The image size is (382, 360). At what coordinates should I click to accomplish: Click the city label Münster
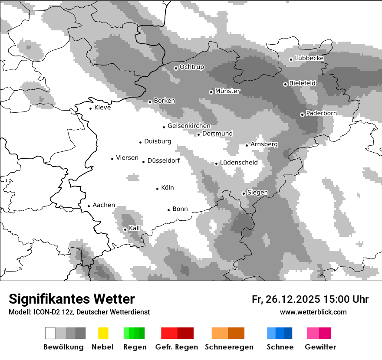(x=227, y=91)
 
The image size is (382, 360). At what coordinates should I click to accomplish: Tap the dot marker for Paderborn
(x=302, y=115)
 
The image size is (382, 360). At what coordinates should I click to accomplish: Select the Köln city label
(x=167, y=188)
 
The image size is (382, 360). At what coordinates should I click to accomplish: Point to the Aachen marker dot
(x=89, y=206)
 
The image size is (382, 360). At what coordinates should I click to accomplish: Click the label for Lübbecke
(x=309, y=58)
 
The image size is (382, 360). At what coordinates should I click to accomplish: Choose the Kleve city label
(x=102, y=108)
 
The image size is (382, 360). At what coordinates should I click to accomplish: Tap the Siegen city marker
(x=244, y=193)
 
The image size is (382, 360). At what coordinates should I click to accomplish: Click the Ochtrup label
(x=191, y=67)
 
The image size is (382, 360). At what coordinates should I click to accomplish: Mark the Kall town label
(x=134, y=228)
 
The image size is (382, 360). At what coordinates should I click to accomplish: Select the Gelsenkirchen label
(x=189, y=126)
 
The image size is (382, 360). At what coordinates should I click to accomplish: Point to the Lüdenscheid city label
(x=239, y=163)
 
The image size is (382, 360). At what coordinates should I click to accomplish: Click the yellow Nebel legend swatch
(x=103, y=333)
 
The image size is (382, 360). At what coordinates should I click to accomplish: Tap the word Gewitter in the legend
(x=320, y=347)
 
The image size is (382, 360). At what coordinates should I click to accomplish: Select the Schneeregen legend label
(x=229, y=347)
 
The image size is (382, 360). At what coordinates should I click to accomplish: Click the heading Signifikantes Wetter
(x=72, y=299)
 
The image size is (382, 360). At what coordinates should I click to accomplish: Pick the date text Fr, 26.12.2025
(x=286, y=299)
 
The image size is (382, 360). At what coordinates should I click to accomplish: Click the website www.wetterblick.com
(x=313, y=312)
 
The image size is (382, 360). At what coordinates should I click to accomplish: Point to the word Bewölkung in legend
(x=63, y=347)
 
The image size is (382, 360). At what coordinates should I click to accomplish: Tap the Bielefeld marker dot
(x=285, y=84)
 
